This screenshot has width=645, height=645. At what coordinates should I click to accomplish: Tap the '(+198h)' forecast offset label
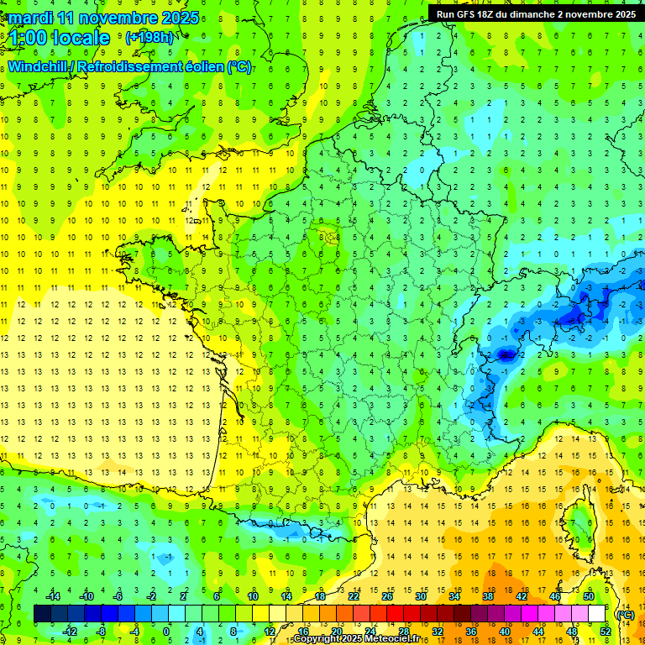point(149,38)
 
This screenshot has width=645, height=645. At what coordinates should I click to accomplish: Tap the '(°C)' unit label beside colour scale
point(625,615)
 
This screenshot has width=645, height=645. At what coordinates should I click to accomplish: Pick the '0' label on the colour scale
point(165,632)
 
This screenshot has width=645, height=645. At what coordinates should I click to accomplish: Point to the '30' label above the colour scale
point(420,596)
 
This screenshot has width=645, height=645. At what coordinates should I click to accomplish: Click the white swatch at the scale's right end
point(597,614)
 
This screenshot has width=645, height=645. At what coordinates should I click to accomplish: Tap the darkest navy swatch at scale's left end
point(42,614)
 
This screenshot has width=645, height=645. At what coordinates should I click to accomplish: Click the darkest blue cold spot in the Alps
point(506,355)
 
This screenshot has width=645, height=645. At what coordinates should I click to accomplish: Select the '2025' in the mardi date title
point(180,18)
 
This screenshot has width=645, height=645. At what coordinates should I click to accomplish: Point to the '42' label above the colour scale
point(521,596)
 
